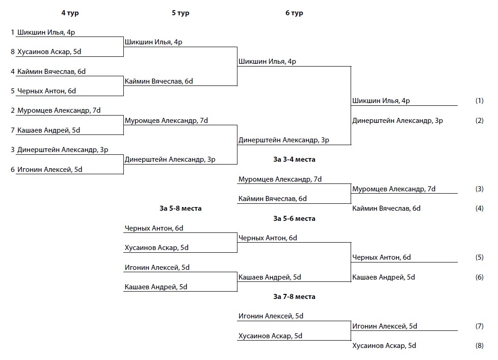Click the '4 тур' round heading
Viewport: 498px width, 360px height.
tap(70, 13)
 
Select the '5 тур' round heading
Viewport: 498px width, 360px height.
tap(180, 13)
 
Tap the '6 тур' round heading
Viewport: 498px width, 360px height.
tap(294, 13)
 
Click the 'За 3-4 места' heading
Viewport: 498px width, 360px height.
tap(294, 159)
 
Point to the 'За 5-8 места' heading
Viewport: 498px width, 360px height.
tap(180, 208)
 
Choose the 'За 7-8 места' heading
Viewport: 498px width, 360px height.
tap(294, 297)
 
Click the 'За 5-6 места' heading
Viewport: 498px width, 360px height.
tap(294, 219)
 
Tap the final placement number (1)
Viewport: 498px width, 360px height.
tap(479, 101)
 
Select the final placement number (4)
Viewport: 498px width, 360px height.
tap(479, 208)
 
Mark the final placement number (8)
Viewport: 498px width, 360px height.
tap(479, 346)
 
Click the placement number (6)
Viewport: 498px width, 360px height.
tap(479, 277)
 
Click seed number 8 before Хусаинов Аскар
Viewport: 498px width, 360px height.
tap(13, 52)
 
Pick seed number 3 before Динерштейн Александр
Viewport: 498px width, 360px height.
tap(13, 150)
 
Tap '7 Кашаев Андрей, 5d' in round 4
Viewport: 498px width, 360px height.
tap(45, 130)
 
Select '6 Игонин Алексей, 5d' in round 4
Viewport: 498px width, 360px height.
tap(46, 170)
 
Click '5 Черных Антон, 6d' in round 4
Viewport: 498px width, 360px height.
tap(43, 91)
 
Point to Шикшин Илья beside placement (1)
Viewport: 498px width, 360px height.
tap(381, 101)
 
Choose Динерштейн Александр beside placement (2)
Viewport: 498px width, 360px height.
tap(397, 121)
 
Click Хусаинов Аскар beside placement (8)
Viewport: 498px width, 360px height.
tap(384, 346)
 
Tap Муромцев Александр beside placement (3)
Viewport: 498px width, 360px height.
tap(394, 189)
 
